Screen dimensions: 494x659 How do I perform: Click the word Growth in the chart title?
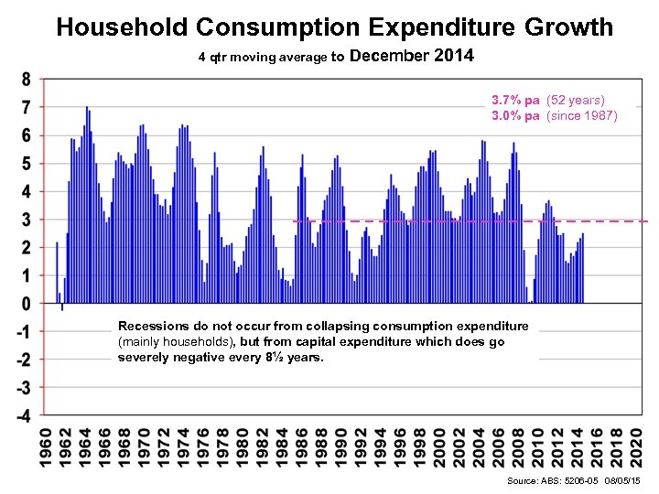(x=568, y=27)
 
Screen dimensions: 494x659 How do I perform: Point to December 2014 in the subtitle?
(x=412, y=57)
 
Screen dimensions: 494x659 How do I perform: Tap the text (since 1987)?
(x=582, y=116)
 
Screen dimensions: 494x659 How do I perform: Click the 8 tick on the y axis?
(x=26, y=80)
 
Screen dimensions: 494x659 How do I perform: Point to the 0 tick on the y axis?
(x=26, y=304)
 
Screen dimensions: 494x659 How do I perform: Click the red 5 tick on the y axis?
(x=26, y=164)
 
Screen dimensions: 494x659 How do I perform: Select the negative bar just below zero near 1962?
(x=62, y=307)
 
